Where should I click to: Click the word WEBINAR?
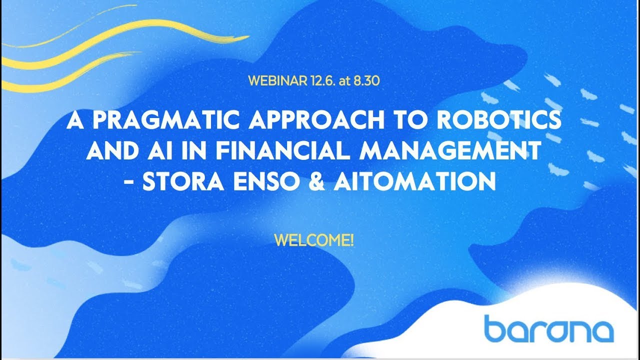pos(277,81)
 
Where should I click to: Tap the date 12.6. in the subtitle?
pos(323,81)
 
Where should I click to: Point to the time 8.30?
pos(367,81)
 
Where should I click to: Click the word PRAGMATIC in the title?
pos(166,120)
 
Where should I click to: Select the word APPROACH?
pos(316,120)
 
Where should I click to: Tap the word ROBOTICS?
pos(499,120)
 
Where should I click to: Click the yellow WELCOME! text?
pos(313,240)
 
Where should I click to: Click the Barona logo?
pos(549,328)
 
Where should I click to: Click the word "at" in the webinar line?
pos(344,81)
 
